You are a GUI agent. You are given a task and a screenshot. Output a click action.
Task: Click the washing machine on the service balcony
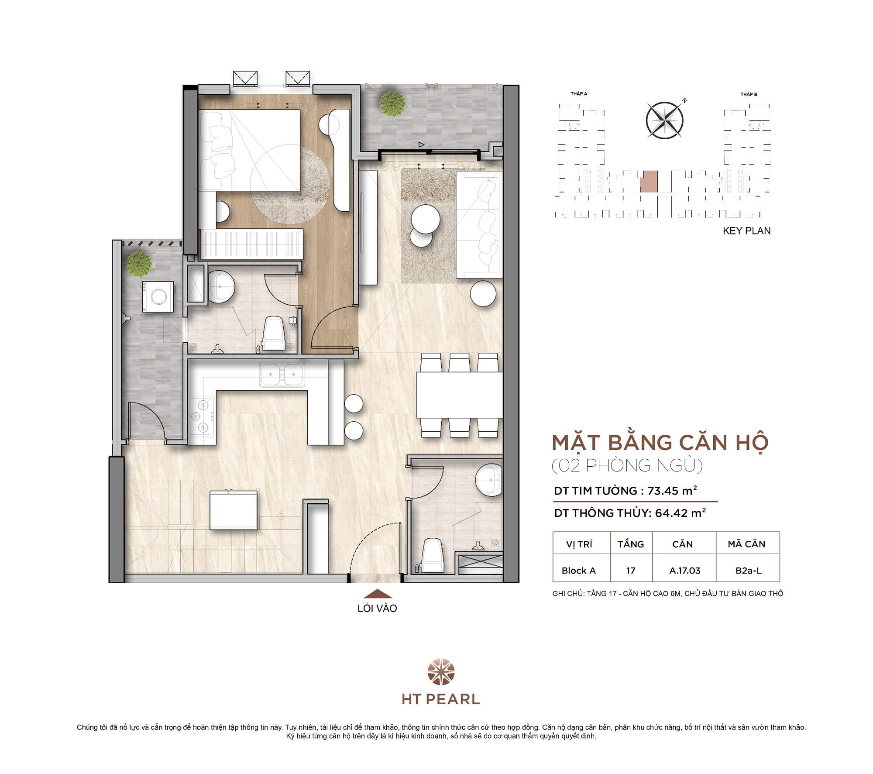(158, 296)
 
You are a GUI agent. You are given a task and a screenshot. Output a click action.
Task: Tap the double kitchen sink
(282, 375)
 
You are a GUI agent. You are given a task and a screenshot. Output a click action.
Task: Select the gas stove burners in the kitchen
(203, 416)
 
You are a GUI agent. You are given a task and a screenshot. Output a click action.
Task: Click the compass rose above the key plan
(664, 120)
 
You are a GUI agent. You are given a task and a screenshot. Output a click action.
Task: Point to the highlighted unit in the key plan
(649, 182)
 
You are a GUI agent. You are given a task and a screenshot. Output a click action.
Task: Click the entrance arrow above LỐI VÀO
(378, 594)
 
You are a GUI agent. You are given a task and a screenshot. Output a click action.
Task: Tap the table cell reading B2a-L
(748, 570)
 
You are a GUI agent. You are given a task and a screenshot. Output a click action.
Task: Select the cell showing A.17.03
(684, 570)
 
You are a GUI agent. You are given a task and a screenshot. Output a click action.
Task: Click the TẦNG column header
(631, 544)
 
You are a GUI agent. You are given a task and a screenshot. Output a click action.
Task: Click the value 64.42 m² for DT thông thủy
(680, 513)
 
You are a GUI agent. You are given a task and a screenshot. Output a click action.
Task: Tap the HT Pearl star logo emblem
(441, 672)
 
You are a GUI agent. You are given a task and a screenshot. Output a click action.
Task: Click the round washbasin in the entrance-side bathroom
(489, 480)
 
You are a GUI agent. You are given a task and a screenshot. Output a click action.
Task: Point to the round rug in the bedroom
(290, 184)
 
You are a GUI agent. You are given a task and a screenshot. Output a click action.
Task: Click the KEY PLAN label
(746, 231)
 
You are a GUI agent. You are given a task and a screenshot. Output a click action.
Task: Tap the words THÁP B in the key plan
(749, 94)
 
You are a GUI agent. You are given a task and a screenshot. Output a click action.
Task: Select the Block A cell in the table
(578, 570)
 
